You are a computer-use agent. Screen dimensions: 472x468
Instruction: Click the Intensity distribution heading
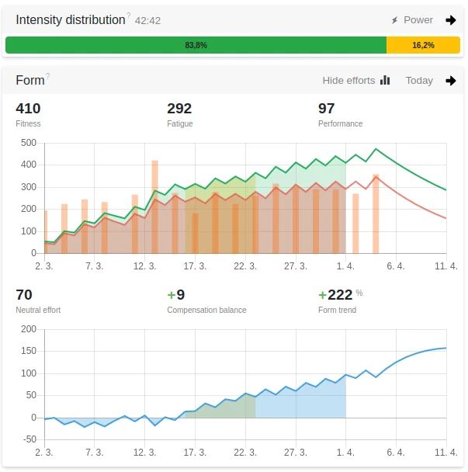click(70, 20)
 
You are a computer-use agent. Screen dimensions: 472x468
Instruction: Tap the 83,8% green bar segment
click(196, 45)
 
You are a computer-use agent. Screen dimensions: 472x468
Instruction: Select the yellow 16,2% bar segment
click(423, 45)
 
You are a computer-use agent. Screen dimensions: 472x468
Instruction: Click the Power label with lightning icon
click(412, 20)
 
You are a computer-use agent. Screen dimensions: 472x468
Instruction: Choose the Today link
click(419, 81)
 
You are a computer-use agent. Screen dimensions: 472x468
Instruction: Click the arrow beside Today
click(451, 81)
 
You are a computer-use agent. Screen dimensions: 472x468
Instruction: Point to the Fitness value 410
click(28, 109)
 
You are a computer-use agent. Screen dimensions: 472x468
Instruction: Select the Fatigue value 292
click(179, 109)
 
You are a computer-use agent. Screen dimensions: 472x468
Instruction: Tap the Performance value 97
click(326, 109)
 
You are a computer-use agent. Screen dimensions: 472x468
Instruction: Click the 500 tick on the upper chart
click(28, 143)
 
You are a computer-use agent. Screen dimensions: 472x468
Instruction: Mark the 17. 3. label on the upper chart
click(196, 266)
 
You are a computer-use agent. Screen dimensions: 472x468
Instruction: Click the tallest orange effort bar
click(155, 206)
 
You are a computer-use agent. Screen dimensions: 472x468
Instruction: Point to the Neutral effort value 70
click(24, 295)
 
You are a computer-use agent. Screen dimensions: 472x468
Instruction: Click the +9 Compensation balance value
click(176, 295)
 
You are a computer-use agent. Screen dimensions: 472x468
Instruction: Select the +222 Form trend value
click(336, 295)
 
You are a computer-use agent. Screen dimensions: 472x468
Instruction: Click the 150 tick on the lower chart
click(28, 351)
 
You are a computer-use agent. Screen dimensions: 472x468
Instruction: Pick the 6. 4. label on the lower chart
click(396, 452)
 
